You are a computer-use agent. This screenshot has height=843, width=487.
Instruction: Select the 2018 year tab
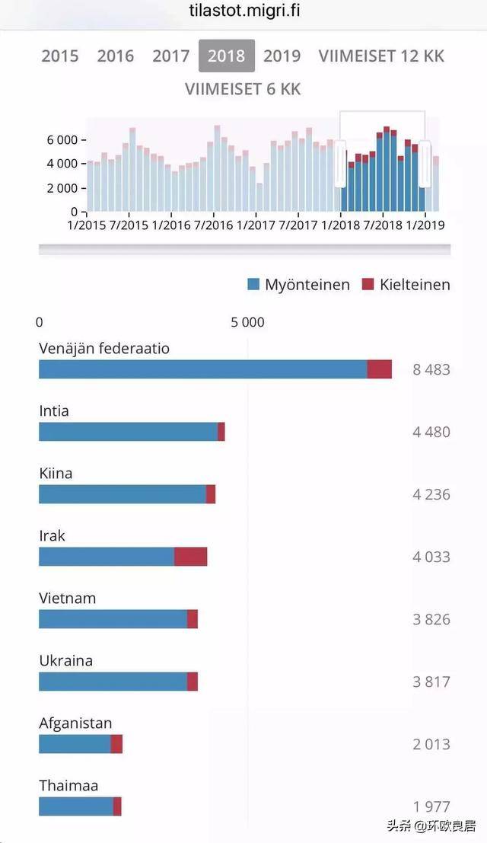coord(226,56)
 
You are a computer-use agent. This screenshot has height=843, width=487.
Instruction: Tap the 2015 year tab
coord(60,56)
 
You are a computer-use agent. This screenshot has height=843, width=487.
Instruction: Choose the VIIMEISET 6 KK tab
coord(243,89)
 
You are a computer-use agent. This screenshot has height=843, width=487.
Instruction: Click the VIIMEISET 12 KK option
coord(381,56)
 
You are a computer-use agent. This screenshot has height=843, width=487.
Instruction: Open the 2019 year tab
coord(282,56)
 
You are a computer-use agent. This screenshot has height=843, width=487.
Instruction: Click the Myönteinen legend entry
coord(298,285)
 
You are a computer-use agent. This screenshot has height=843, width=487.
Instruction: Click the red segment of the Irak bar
coord(190,557)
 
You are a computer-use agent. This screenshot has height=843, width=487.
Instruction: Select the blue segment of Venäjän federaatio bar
coord(202,369)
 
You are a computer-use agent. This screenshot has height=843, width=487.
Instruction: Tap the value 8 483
coord(431,370)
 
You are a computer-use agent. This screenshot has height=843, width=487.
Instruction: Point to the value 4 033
coord(431,557)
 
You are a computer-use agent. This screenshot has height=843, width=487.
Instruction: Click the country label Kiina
coord(56,474)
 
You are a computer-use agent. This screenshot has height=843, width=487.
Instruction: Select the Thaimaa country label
coord(68,786)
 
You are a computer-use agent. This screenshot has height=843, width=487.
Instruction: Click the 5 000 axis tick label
coord(248,322)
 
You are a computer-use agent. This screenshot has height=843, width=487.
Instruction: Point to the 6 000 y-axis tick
coord(62,140)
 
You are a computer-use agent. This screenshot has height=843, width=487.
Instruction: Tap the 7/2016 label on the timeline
coord(214,225)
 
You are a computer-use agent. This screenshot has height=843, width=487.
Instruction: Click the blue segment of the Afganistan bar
coord(75,744)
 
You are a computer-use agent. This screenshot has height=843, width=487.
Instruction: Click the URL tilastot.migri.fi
coord(243,11)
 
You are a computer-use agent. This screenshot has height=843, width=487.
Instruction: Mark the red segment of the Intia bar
coord(221,432)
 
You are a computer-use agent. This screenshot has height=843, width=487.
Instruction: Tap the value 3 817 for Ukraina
coord(431,682)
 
